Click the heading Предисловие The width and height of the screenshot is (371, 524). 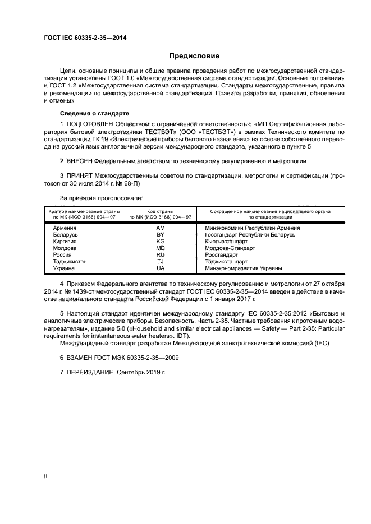point(194,56)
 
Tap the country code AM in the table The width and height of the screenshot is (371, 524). point(161,228)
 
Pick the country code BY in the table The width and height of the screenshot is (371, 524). point(161,235)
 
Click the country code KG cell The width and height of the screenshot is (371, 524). point(161,242)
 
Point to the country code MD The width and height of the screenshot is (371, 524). point(161,248)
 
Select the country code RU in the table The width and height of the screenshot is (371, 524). point(161,255)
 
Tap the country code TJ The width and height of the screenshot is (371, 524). point(161,262)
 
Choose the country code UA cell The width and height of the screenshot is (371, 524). point(161,268)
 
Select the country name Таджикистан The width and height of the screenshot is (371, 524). point(70,262)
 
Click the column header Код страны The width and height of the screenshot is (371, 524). point(161,211)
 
